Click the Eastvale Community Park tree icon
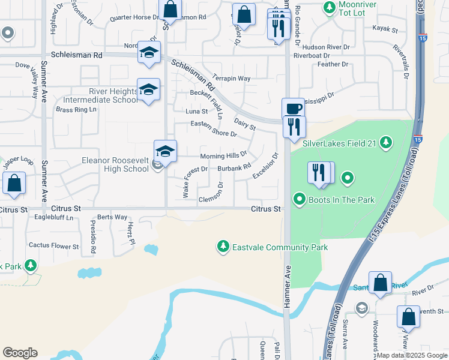coord(223,247)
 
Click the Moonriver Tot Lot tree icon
coord(329,8)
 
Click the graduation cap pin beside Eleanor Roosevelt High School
coord(165,151)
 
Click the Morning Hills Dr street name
coord(223,155)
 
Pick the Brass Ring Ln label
coord(76,110)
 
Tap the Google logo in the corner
coord(20,353)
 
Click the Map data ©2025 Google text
coord(411,355)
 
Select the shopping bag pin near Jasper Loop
coord(14,184)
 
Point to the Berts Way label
coord(112,217)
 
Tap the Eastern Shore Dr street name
coord(213,128)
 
